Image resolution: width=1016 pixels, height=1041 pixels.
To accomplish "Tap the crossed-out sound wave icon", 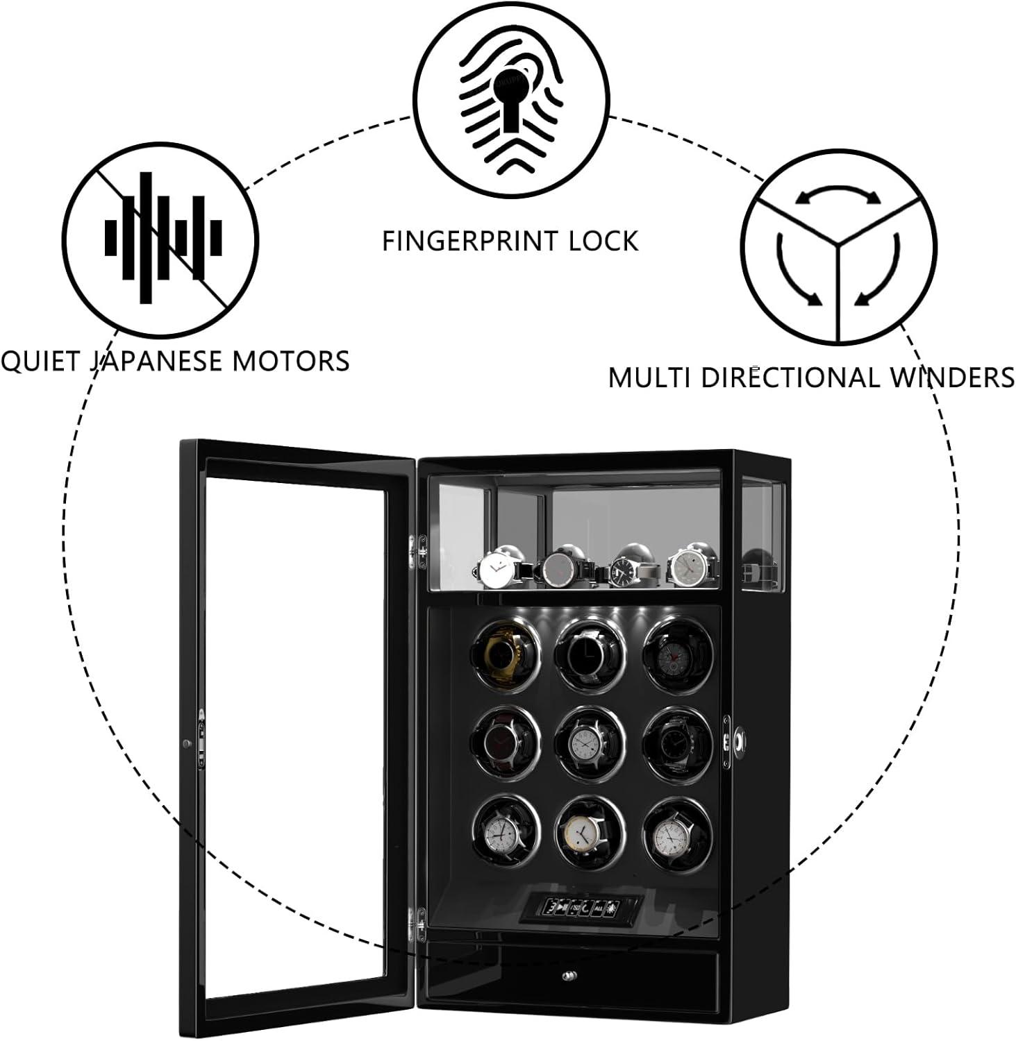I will point(161,237).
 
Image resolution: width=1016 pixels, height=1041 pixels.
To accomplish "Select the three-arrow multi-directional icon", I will point(838,246).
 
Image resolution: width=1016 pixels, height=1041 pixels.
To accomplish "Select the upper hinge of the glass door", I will point(419,552).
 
